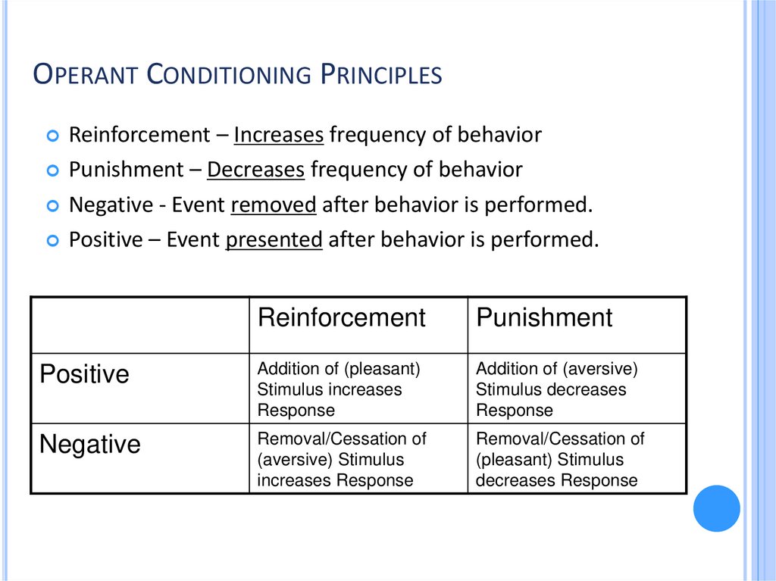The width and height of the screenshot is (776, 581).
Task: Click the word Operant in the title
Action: tap(86, 75)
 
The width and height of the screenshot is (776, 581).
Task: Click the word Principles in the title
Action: tap(381, 75)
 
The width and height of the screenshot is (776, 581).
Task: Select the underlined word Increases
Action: tap(279, 136)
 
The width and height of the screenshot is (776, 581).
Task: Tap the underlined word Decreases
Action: tap(255, 170)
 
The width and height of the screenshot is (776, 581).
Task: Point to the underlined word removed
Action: tap(274, 205)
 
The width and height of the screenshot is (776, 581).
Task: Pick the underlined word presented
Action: tap(274, 239)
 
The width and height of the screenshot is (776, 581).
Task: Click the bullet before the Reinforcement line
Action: tap(52, 136)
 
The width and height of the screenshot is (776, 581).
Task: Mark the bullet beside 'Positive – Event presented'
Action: tap(52, 241)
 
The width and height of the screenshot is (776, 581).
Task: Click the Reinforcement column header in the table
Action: tap(342, 317)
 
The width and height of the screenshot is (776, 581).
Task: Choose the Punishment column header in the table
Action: tap(544, 317)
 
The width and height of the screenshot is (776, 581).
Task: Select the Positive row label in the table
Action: tap(84, 374)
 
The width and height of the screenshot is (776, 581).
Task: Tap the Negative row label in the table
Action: tap(90, 444)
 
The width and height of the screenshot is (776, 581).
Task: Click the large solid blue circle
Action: tap(716, 508)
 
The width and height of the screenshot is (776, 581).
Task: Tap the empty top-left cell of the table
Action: tap(140, 325)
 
